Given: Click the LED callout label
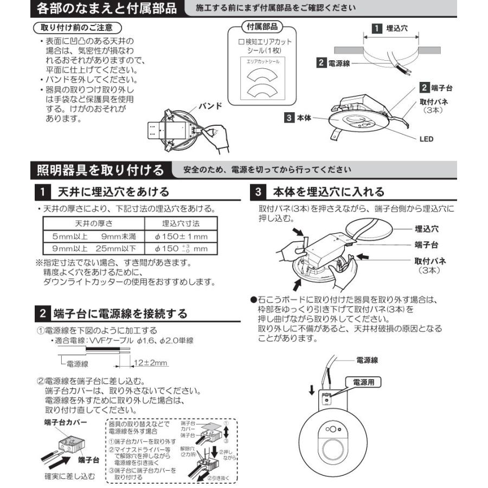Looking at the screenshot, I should [426, 139].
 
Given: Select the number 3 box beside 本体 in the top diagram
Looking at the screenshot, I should [290, 117].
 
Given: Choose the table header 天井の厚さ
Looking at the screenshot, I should [93, 223].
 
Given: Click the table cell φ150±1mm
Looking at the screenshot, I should [181, 236].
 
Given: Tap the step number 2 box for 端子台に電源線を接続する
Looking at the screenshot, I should [43, 313].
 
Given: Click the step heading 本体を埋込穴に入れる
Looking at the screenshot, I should [329, 191].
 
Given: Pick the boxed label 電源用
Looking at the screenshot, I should [363, 382].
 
